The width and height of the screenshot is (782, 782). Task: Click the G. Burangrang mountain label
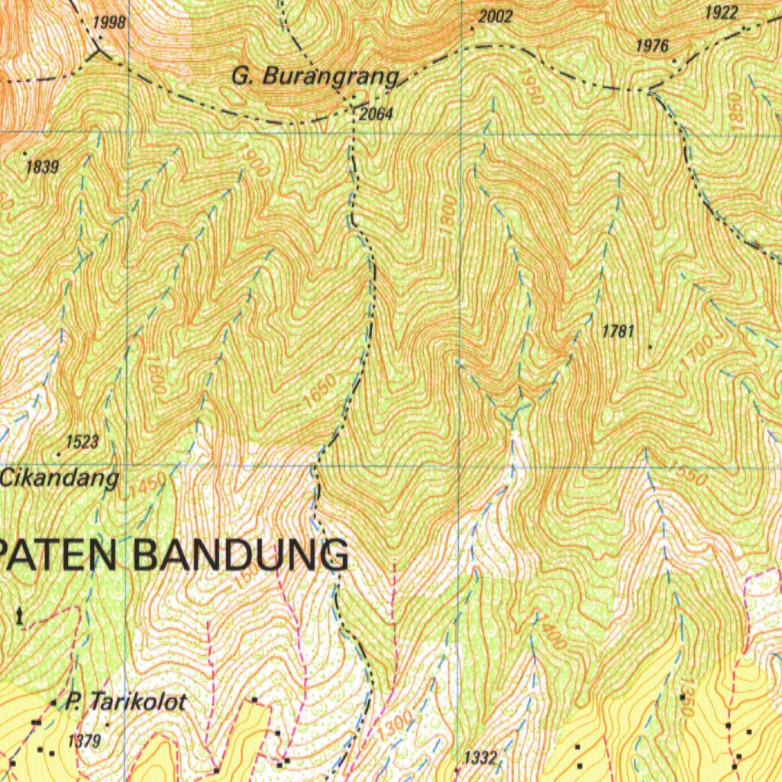coord(315,77)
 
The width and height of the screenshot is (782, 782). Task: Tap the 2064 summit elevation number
coord(375,115)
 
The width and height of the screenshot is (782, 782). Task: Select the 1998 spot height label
coord(110,22)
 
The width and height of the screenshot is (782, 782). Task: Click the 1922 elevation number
coord(721,13)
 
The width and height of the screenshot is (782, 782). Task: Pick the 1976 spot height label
coord(652,47)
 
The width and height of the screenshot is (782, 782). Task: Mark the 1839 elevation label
coord(42,167)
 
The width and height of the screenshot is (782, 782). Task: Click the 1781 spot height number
coord(618,331)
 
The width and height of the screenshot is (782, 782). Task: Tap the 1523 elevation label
coord(82,441)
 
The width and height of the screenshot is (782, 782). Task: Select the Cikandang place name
coord(60,479)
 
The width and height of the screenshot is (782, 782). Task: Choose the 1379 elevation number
coord(84,740)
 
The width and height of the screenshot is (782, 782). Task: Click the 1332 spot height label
coord(481,758)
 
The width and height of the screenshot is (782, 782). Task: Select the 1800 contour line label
coord(449,212)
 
